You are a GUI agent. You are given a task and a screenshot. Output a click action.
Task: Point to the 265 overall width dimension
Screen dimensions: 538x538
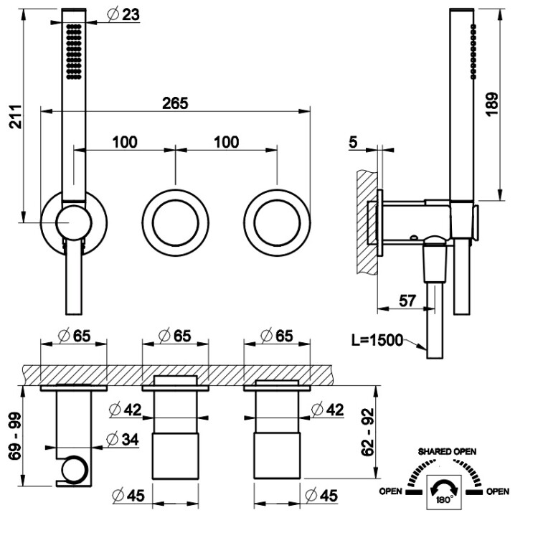click(174, 103)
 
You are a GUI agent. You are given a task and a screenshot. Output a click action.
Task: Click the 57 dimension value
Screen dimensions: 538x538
click(407, 301)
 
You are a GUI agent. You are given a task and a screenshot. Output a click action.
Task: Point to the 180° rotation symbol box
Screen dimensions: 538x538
click(443, 493)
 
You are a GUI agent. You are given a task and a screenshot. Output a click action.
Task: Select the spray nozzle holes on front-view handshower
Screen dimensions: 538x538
click(72, 51)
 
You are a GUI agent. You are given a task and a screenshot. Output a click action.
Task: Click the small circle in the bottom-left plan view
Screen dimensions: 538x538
click(72, 471)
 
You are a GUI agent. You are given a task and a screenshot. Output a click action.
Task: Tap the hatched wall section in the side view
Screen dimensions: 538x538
click(367, 215)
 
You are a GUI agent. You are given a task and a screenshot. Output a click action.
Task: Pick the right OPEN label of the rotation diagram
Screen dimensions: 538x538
click(497, 492)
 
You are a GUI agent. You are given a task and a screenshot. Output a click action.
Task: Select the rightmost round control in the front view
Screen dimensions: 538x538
click(277, 222)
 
